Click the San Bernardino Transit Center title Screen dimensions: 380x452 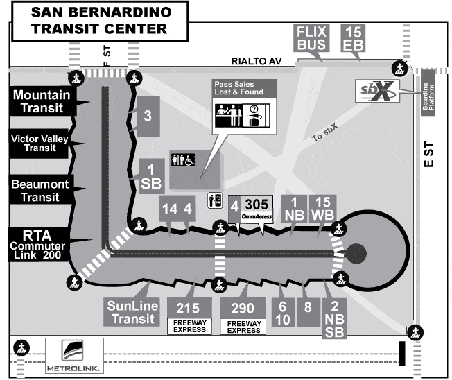pyautogui.click(x=101, y=19)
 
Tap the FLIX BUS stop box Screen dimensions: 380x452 pyautogui.click(x=311, y=40)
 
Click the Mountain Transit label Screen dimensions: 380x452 pyautogui.click(x=42, y=101)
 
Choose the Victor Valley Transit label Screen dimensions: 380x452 pyautogui.click(x=42, y=143)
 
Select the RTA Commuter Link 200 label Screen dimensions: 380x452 pyautogui.click(x=42, y=243)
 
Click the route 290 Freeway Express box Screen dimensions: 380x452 pyautogui.click(x=243, y=314)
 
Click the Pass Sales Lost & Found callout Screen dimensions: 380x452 pyautogui.click(x=243, y=104)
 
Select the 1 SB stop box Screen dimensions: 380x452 pyautogui.click(x=150, y=175)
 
